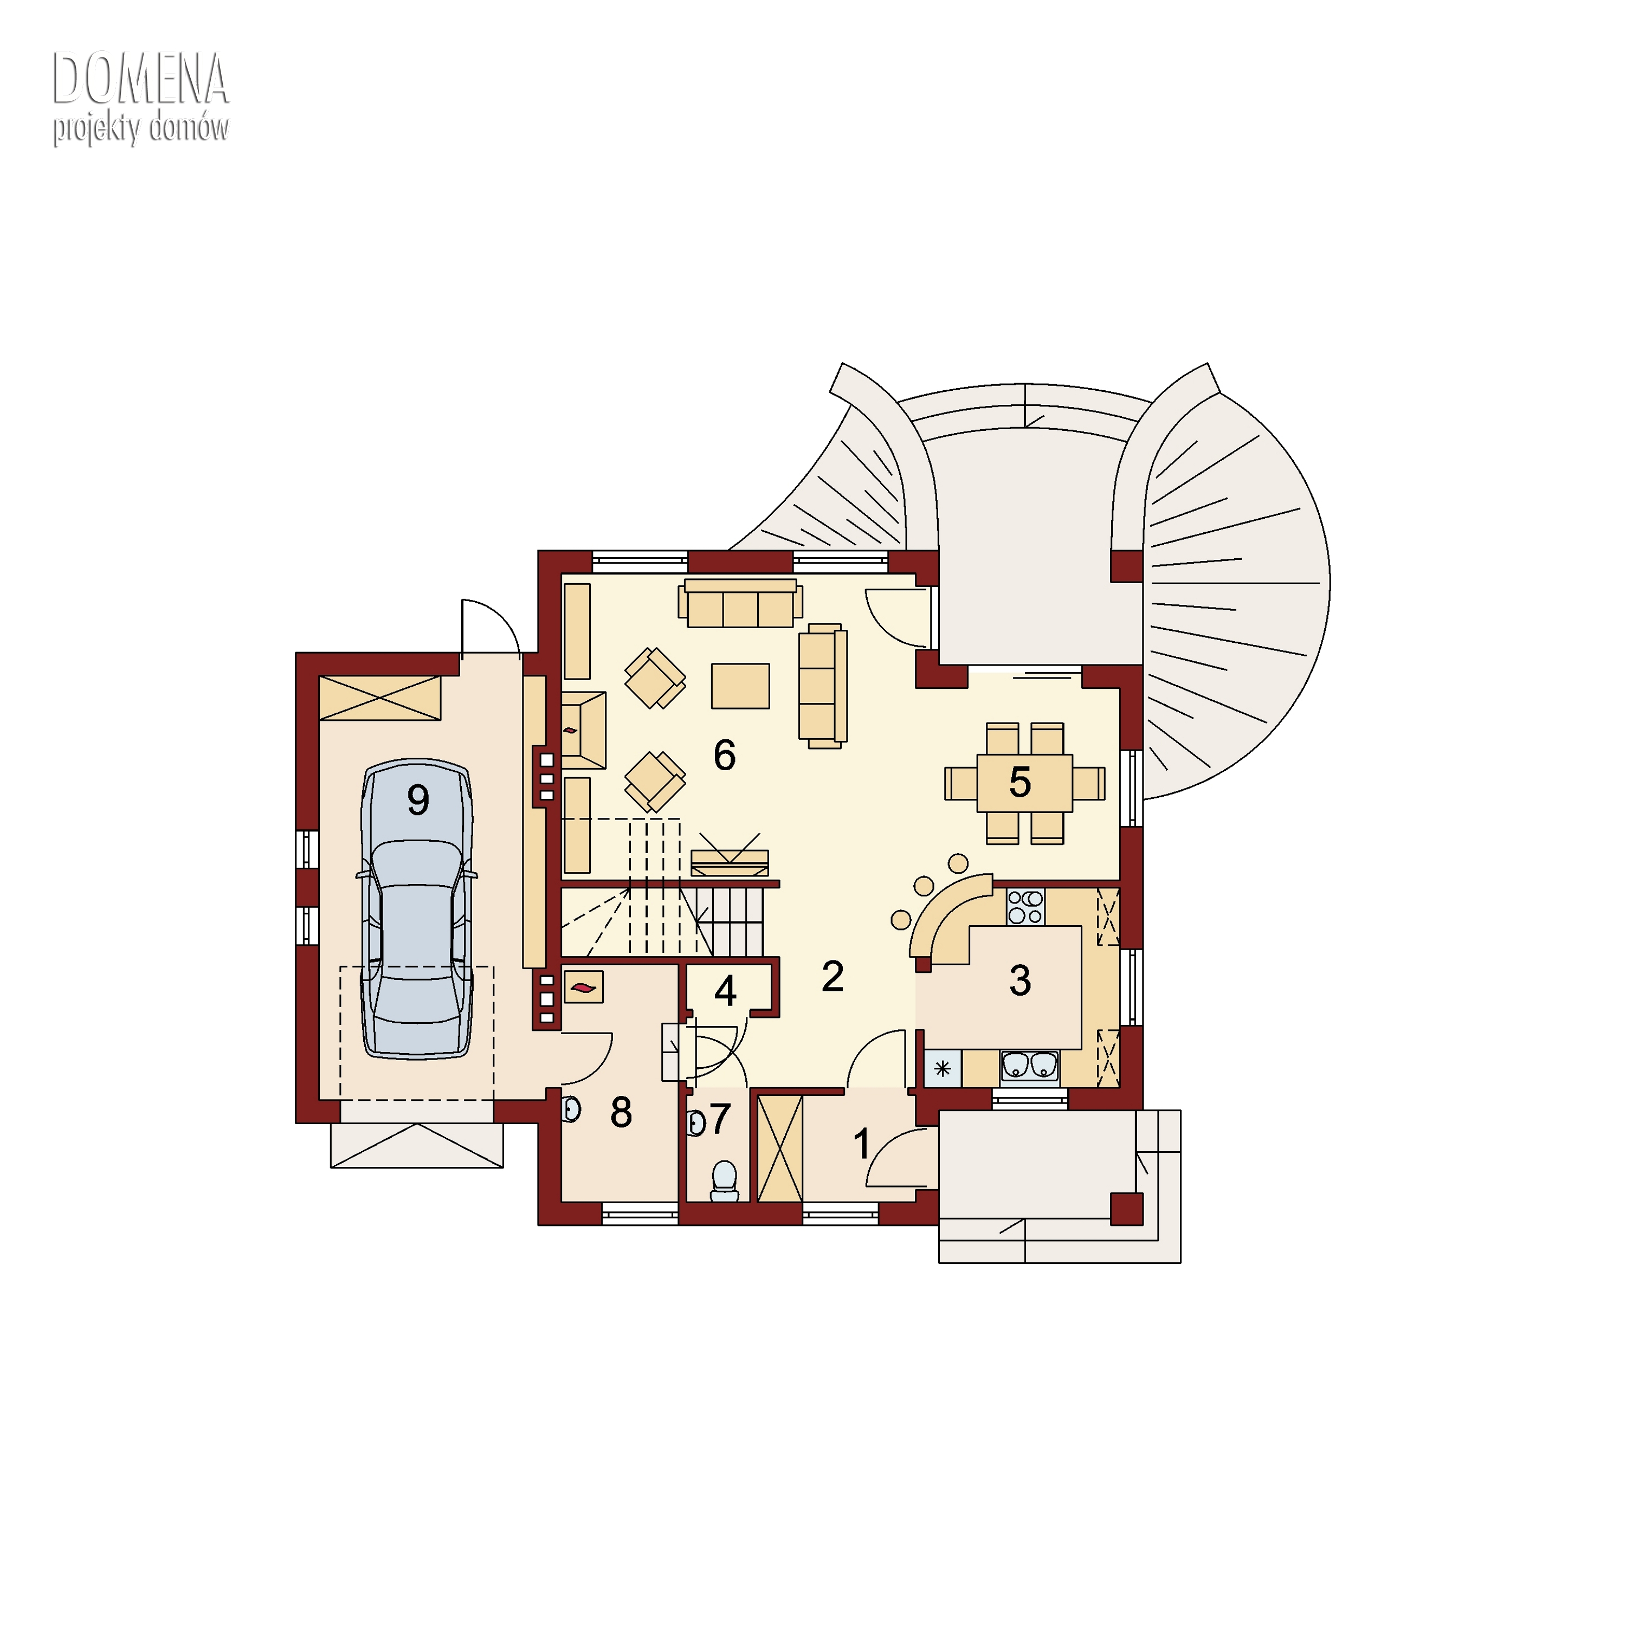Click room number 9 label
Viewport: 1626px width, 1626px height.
tap(418, 799)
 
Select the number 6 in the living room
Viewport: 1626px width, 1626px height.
tap(725, 756)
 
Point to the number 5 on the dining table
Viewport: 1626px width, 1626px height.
tap(1020, 783)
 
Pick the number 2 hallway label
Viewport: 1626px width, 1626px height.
tap(833, 976)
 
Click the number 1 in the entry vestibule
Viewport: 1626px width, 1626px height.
tap(861, 1144)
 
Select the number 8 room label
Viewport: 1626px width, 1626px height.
tap(621, 1113)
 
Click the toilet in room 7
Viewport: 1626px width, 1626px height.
tap(724, 1182)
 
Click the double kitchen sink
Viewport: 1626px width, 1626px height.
tap(1029, 1066)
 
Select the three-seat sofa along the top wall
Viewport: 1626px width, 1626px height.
tap(740, 603)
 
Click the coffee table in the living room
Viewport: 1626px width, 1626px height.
tap(740, 686)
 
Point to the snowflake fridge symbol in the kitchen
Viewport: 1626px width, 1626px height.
tap(943, 1069)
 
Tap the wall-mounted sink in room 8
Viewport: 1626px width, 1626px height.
tap(571, 1109)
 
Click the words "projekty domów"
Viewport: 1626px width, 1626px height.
tap(140, 129)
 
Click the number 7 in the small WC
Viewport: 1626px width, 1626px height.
tap(720, 1119)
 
